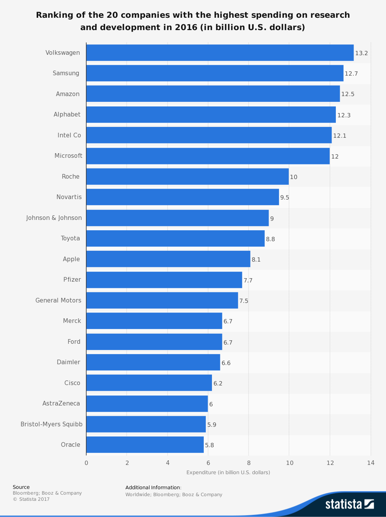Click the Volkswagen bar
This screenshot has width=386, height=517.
[x=220, y=53]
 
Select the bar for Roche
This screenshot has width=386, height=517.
[x=187, y=177]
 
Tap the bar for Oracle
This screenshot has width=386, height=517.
[x=145, y=445]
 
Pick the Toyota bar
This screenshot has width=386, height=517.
[x=175, y=238]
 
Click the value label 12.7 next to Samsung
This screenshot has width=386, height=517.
[x=351, y=74]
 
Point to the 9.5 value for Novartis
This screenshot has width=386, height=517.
[x=284, y=198]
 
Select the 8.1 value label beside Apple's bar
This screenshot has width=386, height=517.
[x=256, y=260]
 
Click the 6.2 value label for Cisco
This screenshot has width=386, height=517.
[x=218, y=384]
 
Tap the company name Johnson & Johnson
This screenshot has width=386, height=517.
[x=54, y=218]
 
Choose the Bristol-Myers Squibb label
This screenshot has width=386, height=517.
[x=51, y=424]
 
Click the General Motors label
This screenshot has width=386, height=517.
[x=58, y=300]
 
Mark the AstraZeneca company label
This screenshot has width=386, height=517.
[x=61, y=404]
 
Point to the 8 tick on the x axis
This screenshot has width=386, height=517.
[x=249, y=463]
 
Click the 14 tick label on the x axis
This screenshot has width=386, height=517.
[x=371, y=463]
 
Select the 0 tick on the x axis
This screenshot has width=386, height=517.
[x=86, y=463]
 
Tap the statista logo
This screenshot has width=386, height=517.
[x=349, y=504]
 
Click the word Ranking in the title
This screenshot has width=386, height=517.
[x=52, y=15]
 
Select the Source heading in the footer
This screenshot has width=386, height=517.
[x=21, y=487]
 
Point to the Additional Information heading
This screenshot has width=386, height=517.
[x=153, y=488]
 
